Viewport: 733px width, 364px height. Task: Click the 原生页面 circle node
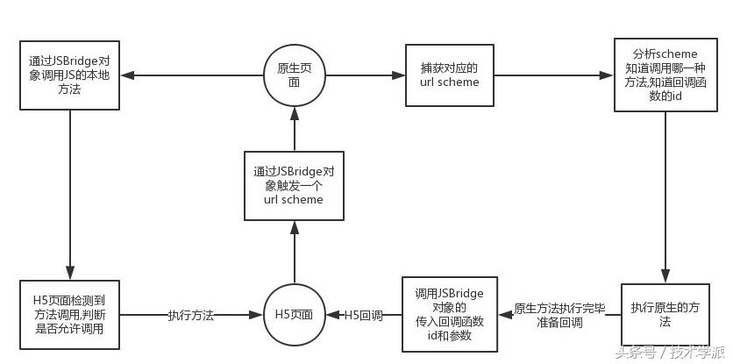[x=294, y=75]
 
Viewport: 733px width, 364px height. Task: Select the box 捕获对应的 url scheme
[x=449, y=75]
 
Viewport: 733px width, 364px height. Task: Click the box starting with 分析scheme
[x=665, y=75]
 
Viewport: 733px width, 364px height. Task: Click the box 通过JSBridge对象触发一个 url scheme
[x=294, y=185]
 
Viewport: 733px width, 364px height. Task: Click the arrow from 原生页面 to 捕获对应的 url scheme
[x=364, y=75]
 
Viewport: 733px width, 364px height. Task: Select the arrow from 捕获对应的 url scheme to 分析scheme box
[x=552, y=75]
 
